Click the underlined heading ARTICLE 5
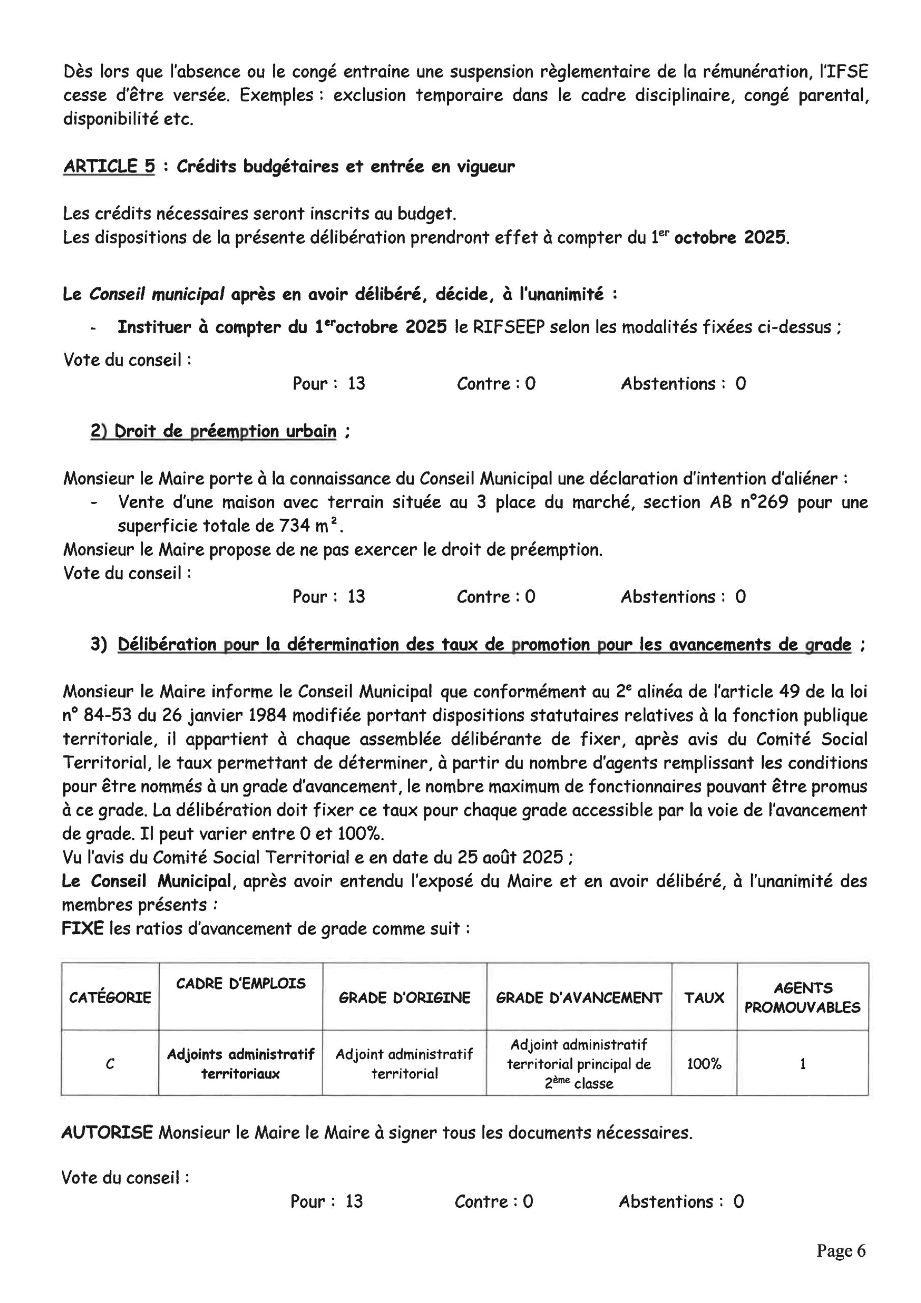109,166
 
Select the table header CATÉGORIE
110,998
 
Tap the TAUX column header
704,998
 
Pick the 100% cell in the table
704,1064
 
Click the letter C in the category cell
110,1065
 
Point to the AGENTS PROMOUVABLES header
802,998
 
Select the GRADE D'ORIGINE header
404,998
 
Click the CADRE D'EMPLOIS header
241,983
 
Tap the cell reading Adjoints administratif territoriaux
241,1064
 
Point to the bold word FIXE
83,929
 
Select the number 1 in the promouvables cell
802,1064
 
